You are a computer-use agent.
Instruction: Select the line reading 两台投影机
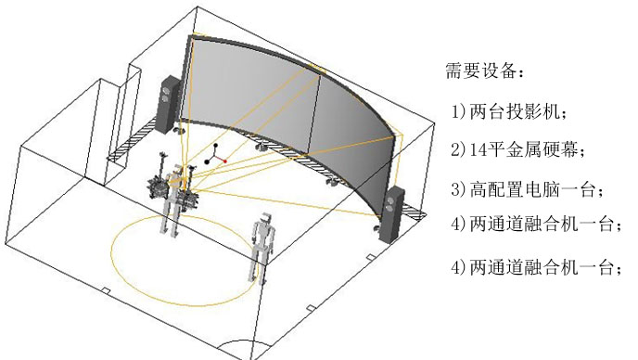[x=516, y=110]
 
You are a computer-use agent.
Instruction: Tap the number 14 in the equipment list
[x=474, y=148]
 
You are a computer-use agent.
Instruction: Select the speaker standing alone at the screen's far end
[x=395, y=212]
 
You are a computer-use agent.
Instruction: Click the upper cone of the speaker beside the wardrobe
[x=168, y=91]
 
